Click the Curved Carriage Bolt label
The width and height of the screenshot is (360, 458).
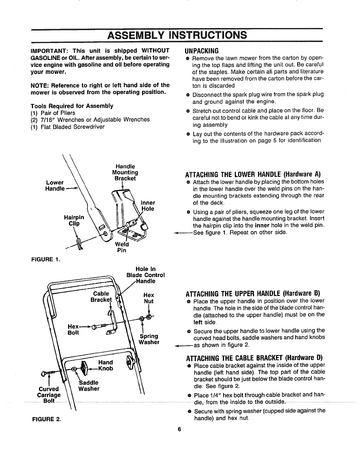pyautogui.click(x=49, y=395)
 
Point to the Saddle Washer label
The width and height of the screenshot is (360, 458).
pyautogui.click(x=89, y=386)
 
